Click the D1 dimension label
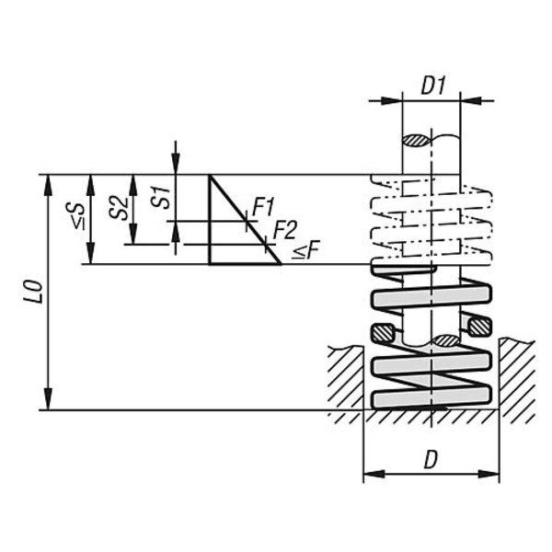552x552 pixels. [x=433, y=86]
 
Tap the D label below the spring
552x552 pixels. [x=431, y=460]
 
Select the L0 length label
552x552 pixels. [x=33, y=292]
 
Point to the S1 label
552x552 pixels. [x=160, y=198]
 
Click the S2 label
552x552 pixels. [x=119, y=208]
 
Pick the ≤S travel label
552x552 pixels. [x=76, y=216]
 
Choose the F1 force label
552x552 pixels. [x=263, y=207]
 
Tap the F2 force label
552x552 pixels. [x=285, y=230]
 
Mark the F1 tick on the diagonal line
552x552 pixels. [x=247, y=221]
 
